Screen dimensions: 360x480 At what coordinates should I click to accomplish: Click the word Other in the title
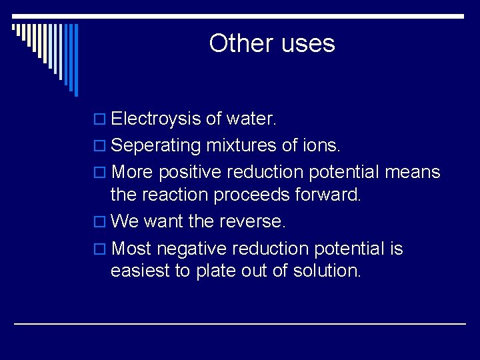(x=232, y=43)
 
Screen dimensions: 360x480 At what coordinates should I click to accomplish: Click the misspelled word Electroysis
(x=156, y=119)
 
